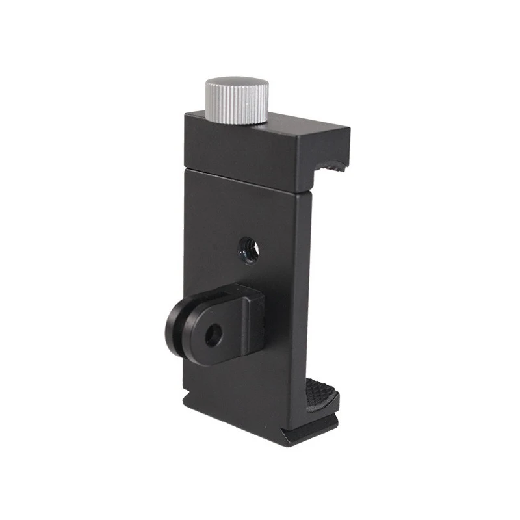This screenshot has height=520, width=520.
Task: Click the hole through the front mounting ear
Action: [211, 335]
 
